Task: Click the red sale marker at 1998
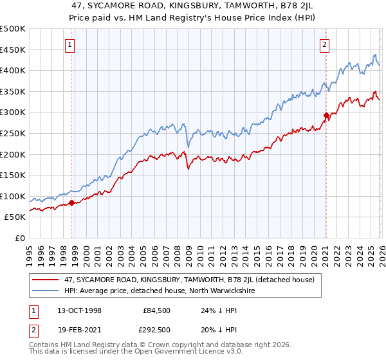[x=71, y=203]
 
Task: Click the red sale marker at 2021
[x=326, y=116]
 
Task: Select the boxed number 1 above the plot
[x=69, y=44]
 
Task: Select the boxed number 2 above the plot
[x=324, y=44]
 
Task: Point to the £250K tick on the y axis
[x=12, y=133]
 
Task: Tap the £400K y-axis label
[x=12, y=70]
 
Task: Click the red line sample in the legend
[x=45, y=280]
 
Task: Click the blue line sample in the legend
[x=45, y=291]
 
